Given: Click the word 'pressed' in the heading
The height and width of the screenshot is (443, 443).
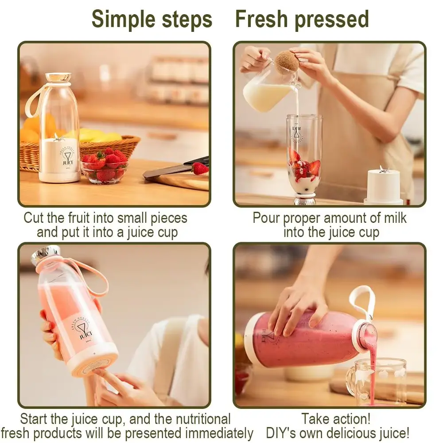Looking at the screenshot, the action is point(332,19).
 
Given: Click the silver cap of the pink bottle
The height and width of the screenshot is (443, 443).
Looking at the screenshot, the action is point(45,255).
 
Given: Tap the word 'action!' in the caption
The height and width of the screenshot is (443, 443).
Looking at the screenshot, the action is point(351,419).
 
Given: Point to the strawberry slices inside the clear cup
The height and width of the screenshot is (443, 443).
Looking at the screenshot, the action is point(305,167).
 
